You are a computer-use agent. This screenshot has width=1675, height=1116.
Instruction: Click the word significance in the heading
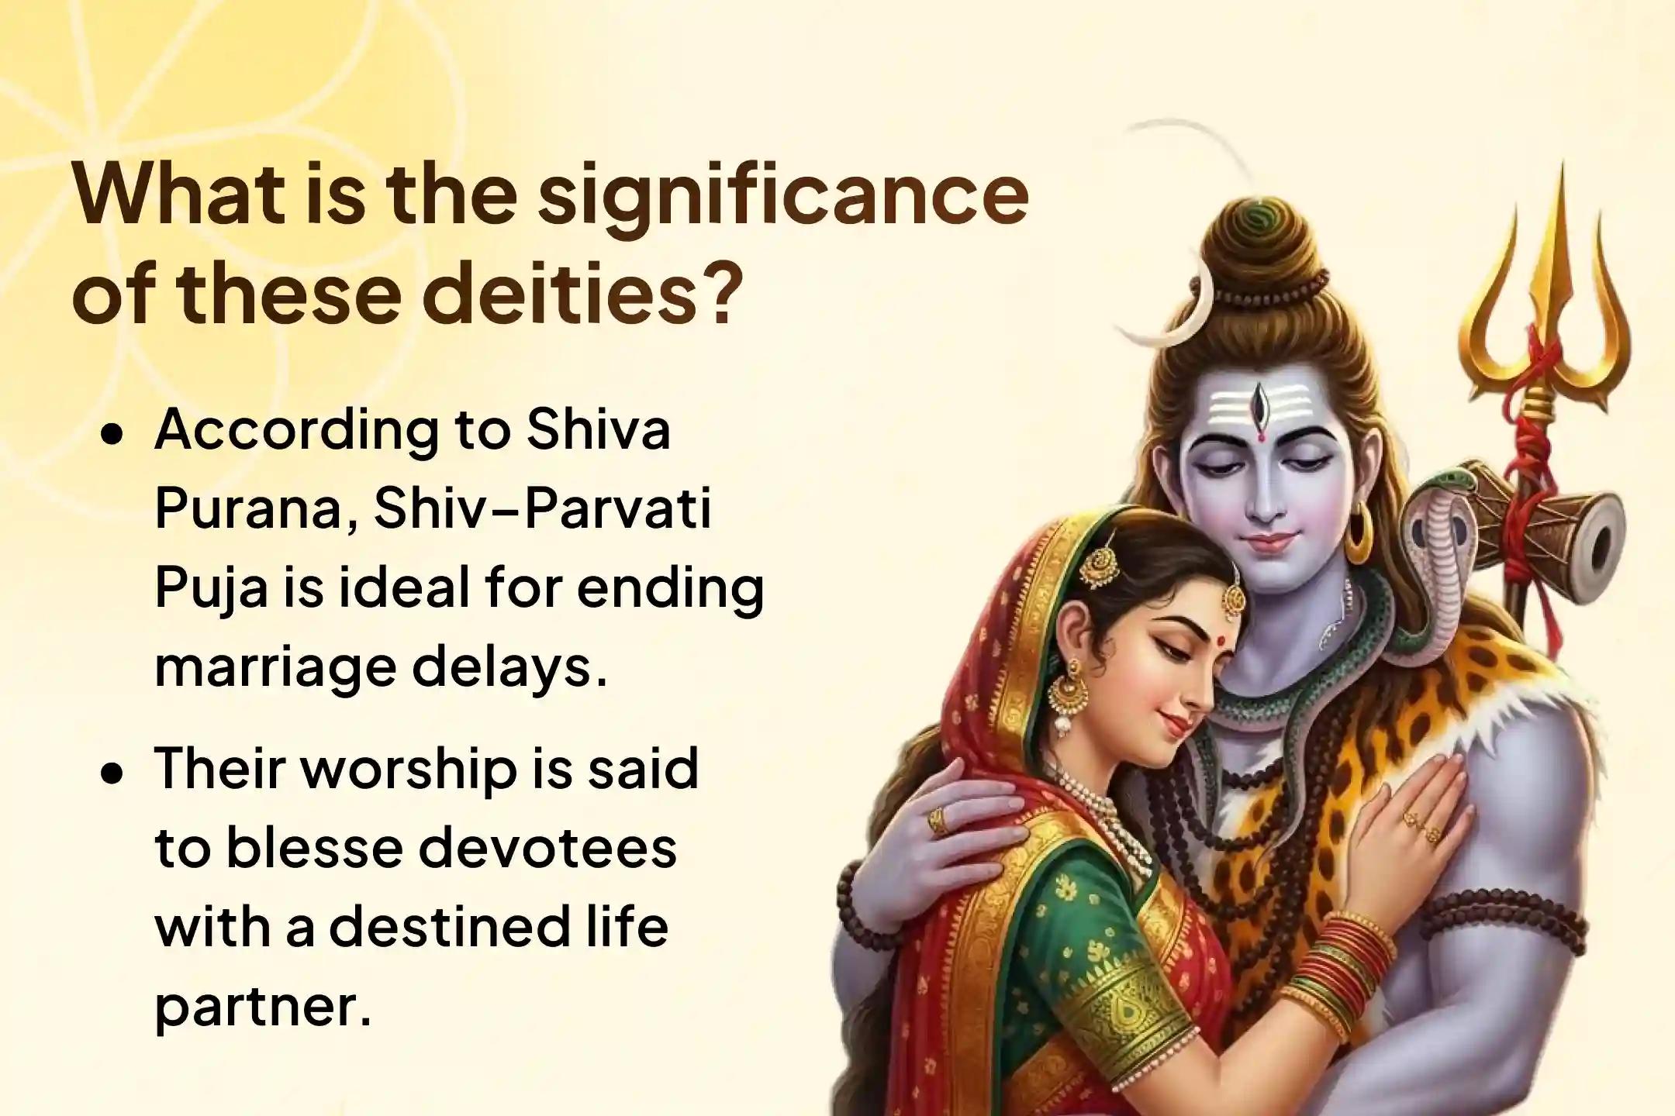coord(783,196)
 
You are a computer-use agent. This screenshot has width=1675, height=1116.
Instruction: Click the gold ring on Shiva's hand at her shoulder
coord(938,818)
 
